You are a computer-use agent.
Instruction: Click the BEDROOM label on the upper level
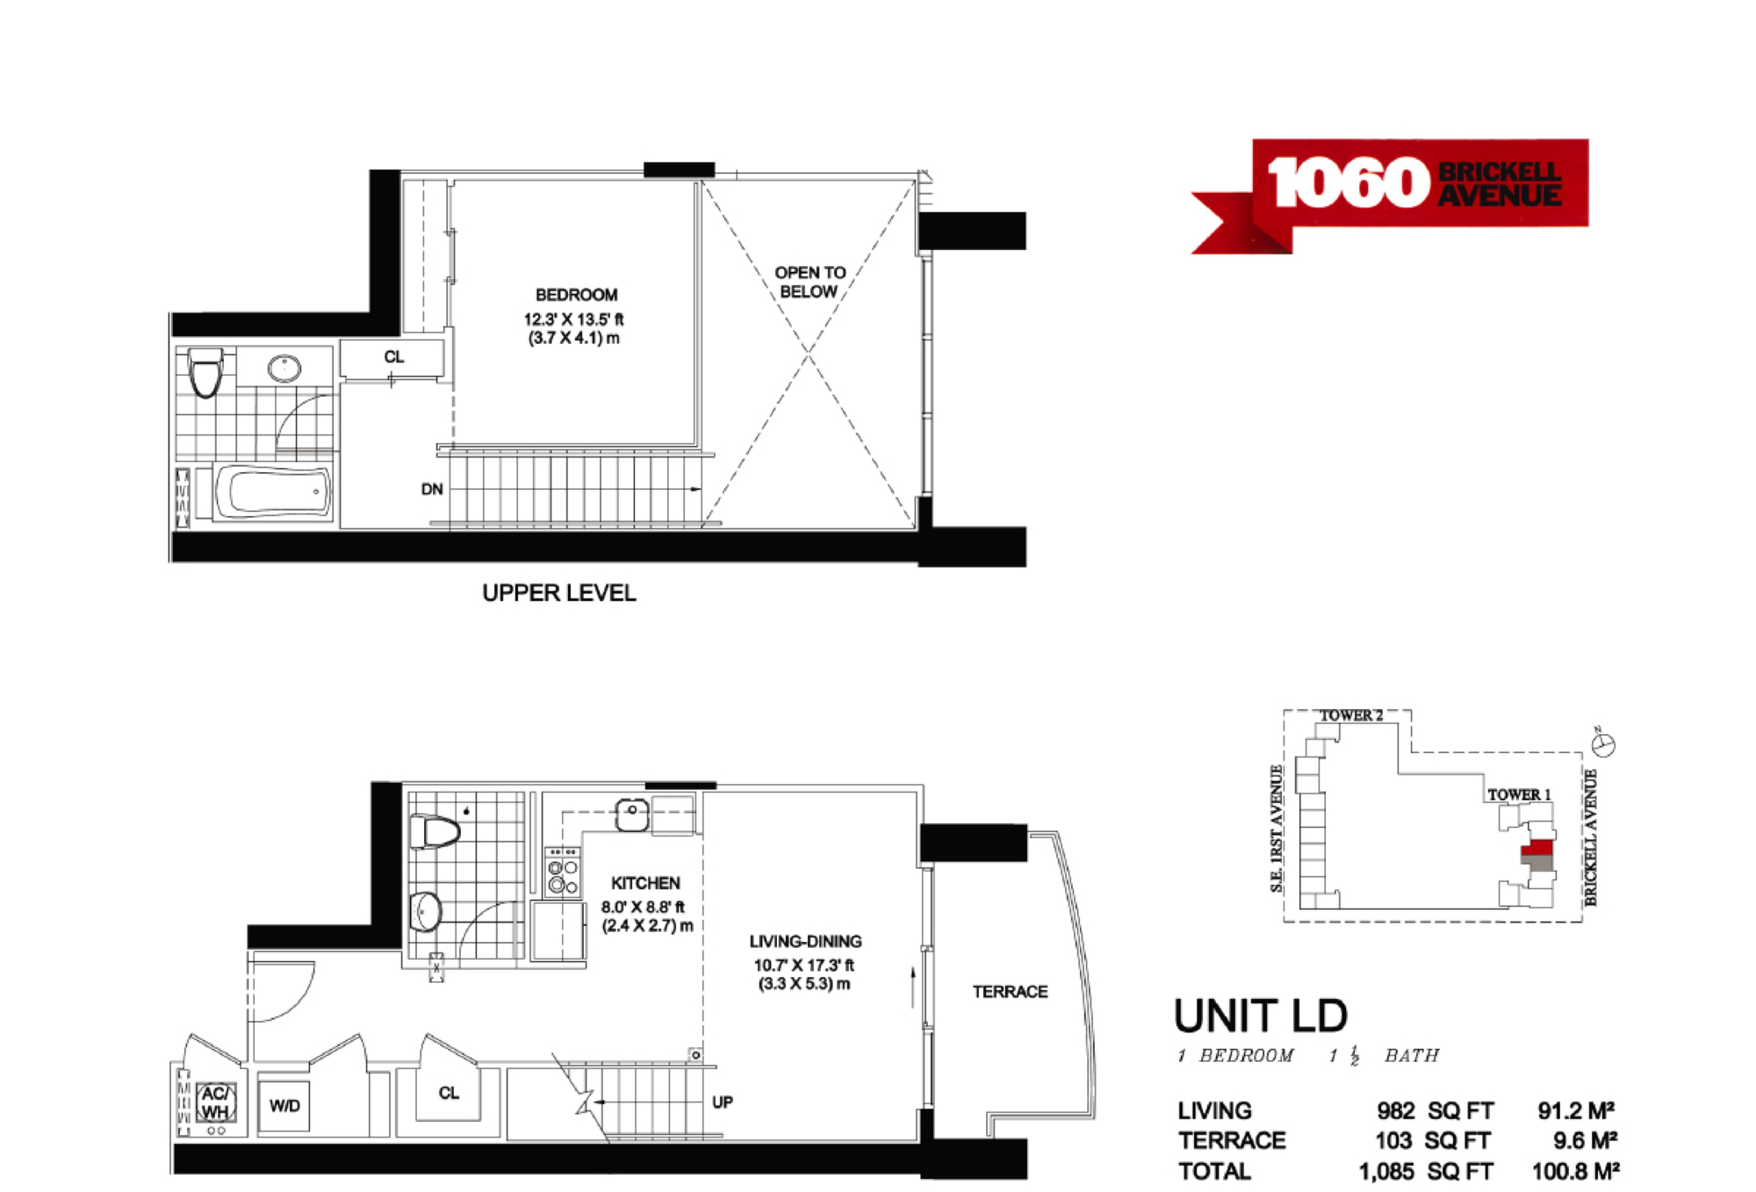(x=576, y=295)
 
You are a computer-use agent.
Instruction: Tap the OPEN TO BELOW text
(x=810, y=282)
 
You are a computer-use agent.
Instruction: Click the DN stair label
(x=432, y=489)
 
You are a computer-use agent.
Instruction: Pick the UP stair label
(x=723, y=1102)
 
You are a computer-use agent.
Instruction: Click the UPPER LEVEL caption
(x=559, y=593)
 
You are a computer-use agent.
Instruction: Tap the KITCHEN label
(x=645, y=883)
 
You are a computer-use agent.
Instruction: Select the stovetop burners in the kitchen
(x=563, y=872)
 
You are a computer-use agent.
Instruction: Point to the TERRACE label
(x=1010, y=992)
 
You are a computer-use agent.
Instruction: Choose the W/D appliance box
(x=284, y=1105)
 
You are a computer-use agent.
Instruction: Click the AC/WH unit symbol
(x=215, y=1102)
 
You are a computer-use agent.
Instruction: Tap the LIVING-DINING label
(x=805, y=942)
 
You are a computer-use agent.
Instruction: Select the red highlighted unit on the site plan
(x=1537, y=848)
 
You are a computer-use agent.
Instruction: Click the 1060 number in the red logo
(x=1349, y=183)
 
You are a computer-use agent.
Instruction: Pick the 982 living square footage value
(x=1395, y=1111)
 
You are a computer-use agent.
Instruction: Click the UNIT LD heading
(x=1261, y=1016)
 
